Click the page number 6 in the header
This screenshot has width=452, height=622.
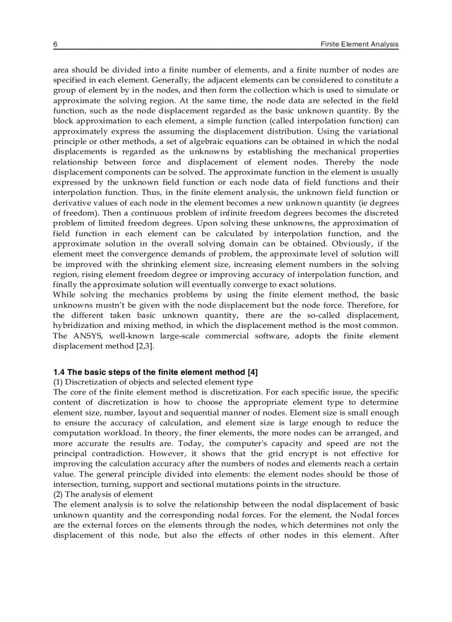tap(55, 44)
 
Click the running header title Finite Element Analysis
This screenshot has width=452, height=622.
tap(359, 44)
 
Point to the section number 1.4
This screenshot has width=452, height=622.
tap(59, 372)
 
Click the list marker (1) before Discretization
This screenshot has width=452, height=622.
tap(58, 382)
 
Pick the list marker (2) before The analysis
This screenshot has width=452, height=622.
tap(58, 495)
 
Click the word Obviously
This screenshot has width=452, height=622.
tap(350, 244)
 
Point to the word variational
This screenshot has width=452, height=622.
tap(375, 131)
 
